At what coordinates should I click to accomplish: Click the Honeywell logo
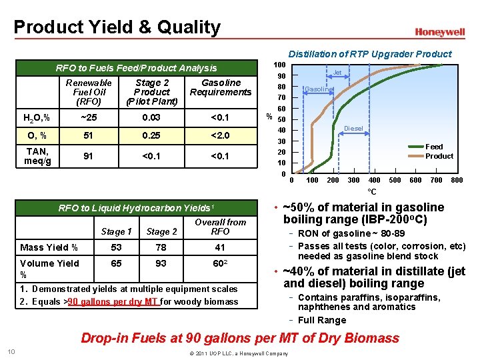click(439, 32)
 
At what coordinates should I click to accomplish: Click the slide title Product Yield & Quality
click(117, 27)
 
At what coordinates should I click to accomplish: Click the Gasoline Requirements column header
click(221, 87)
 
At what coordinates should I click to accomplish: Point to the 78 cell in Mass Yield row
click(161, 247)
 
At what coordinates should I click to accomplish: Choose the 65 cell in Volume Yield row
click(116, 264)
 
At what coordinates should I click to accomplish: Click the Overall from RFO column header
click(220, 227)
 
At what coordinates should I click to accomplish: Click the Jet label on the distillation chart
click(337, 72)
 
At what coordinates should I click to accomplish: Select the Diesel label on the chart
click(353, 129)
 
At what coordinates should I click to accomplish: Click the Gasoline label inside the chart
click(318, 89)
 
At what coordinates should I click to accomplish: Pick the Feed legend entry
click(434, 147)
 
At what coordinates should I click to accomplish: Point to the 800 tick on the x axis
click(457, 181)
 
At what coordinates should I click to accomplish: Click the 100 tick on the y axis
click(280, 64)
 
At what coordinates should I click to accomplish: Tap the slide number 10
click(11, 352)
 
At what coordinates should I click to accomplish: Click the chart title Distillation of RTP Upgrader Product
click(369, 54)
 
